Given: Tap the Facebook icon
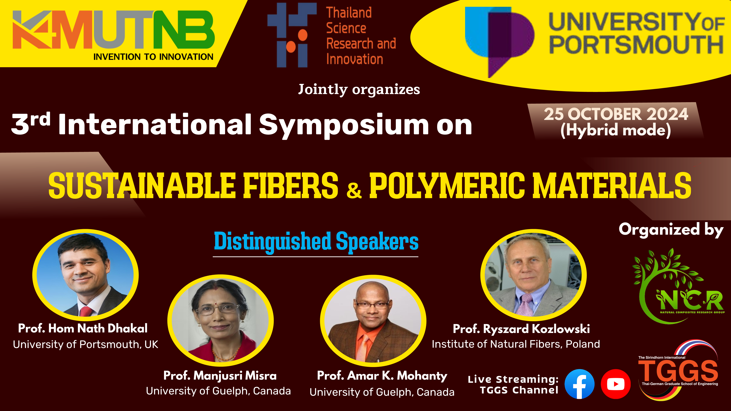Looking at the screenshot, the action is [579, 384].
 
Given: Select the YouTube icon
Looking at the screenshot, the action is [616, 384].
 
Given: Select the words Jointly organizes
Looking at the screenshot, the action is [359, 90].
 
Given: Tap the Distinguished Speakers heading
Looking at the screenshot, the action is [316, 241].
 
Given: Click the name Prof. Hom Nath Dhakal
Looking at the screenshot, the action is [83, 328].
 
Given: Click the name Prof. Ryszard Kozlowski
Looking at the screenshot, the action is [521, 329].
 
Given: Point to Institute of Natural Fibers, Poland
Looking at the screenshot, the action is [516, 344].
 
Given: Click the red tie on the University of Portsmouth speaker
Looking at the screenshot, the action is [85, 311].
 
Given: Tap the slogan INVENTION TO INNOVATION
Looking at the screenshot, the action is [153, 57].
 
